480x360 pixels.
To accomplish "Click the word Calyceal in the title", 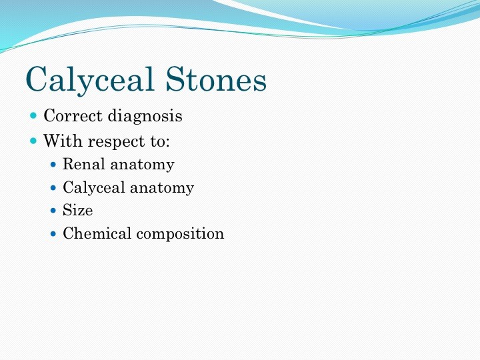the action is (x=89, y=79).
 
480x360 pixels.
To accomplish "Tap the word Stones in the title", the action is (x=216, y=79).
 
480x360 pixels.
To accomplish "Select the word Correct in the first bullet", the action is (x=73, y=116).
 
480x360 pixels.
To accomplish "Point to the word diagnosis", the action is (x=145, y=116).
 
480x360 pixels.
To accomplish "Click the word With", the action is (x=63, y=141).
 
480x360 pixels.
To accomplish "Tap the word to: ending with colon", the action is (x=160, y=141).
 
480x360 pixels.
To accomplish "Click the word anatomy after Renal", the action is (x=143, y=165).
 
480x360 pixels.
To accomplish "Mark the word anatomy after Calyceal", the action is (x=162, y=188).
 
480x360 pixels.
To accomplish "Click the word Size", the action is (x=78, y=210).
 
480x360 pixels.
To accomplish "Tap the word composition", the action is (x=180, y=234).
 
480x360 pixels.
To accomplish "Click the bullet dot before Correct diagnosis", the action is (x=33, y=116).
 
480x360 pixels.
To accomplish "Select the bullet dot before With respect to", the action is (x=33, y=141).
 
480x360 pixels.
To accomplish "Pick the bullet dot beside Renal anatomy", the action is (x=53, y=165).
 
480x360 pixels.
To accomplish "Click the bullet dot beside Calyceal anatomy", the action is (x=53, y=187).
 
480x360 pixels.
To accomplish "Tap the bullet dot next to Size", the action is (x=53, y=211).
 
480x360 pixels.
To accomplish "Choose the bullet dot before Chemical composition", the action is (x=53, y=234).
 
